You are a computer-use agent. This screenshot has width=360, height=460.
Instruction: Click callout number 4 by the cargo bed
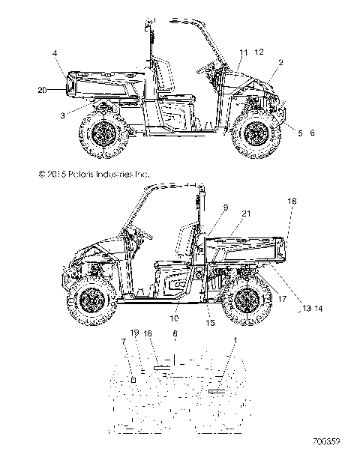tap(55, 52)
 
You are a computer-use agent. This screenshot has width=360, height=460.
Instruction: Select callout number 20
tap(43, 89)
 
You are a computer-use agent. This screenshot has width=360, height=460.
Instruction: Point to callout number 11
tap(242, 52)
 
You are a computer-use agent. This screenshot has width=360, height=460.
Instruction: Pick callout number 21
tap(245, 214)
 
